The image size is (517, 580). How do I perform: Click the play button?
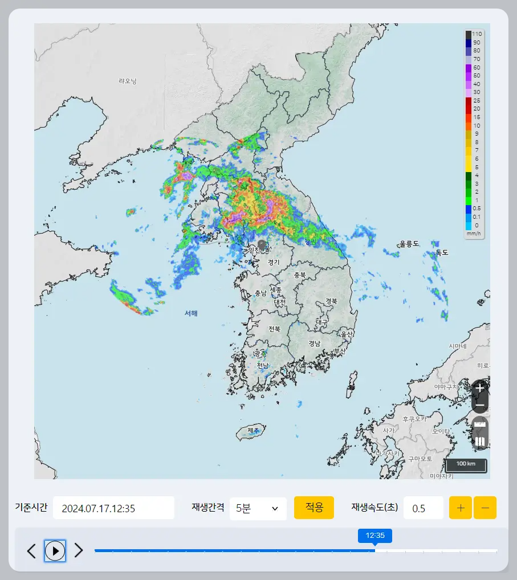tap(55, 550)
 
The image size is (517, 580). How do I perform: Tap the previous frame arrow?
tap(32, 550)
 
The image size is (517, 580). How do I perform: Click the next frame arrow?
tap(79, 550)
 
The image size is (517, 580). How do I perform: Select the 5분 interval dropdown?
tap(258, 508)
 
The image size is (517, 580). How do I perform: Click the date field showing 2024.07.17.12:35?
tap(113, 508)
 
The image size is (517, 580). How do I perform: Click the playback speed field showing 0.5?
tap(423, 508)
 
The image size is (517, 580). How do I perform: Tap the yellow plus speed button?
tap(461, 508)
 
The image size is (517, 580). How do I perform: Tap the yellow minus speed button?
tap(485, 508)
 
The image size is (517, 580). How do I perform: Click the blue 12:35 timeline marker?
tap(374, 536)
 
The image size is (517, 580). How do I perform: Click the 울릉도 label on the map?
tap(409, 244)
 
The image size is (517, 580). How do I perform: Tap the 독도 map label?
tap(442, 252)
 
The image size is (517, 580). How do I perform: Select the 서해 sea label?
tap(191, 313)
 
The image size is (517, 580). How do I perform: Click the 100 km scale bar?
tap(466, 464)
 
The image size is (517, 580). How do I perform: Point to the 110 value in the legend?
tap(477, 34)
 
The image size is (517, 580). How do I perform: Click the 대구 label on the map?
tap(322, 322)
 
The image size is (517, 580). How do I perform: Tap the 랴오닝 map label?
tap(128, 81)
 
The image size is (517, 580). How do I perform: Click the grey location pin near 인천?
tap(262, 244)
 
